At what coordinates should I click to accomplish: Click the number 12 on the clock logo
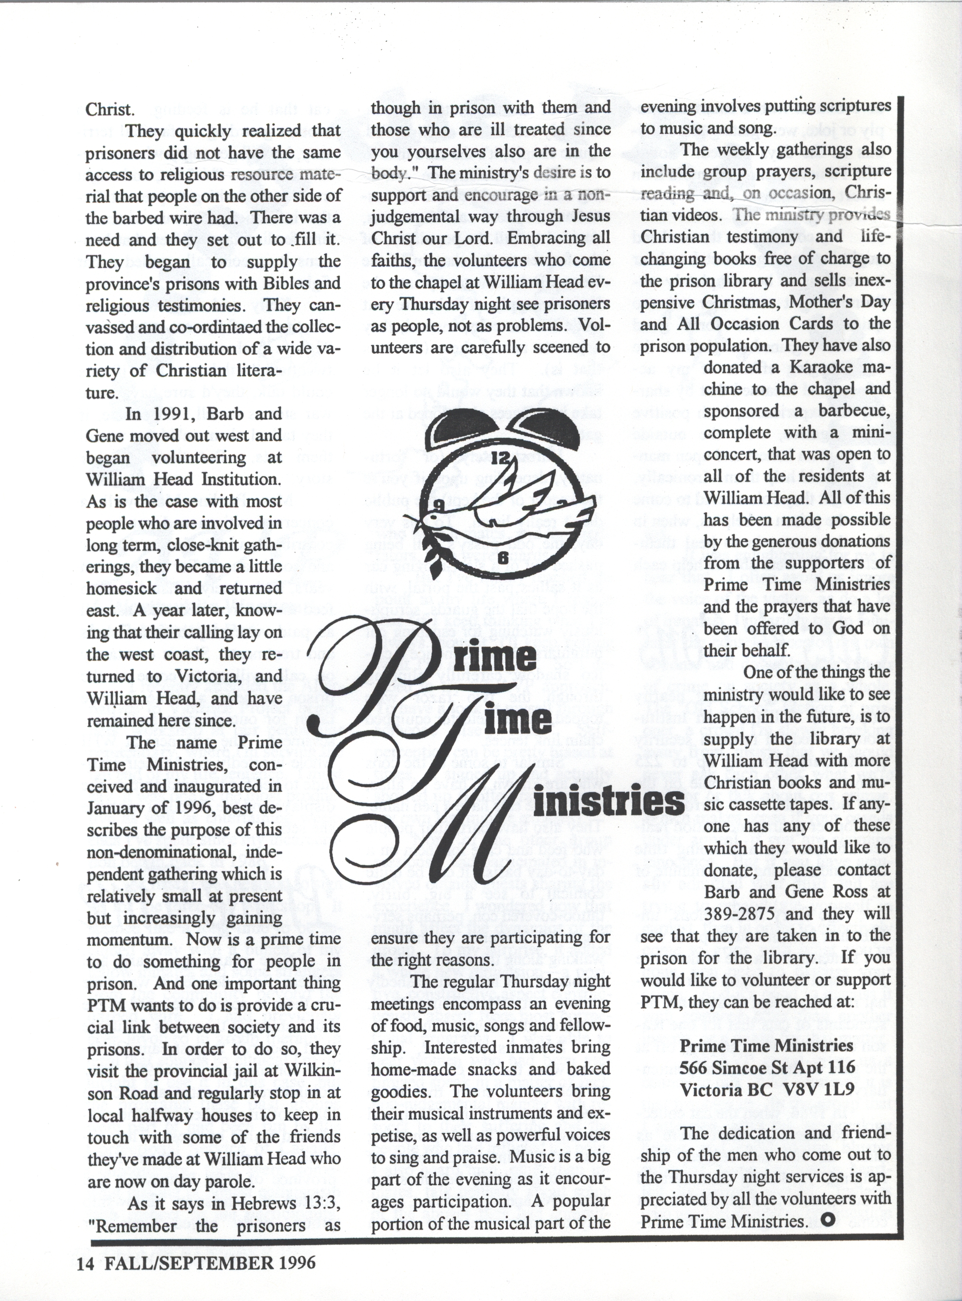coord(500,458)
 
